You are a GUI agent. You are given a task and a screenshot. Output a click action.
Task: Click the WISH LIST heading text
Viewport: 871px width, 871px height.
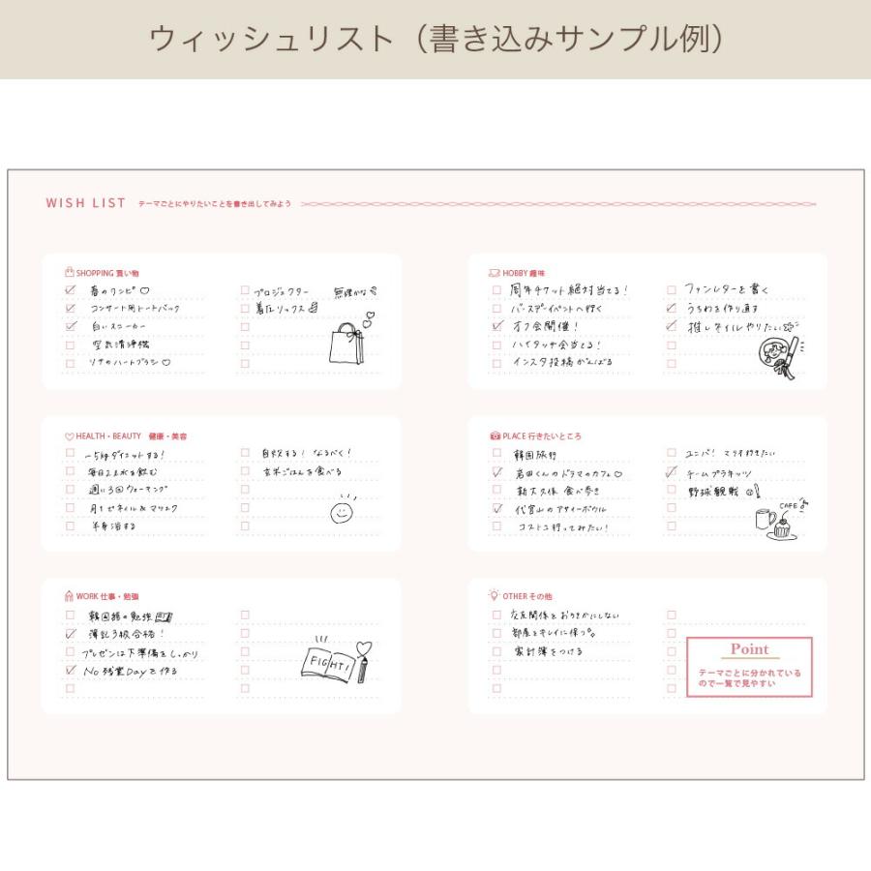point(85,203)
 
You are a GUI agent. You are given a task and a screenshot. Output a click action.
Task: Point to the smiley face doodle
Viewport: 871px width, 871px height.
point(342,511)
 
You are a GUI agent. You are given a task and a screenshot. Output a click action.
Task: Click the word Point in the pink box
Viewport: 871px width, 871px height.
point(749,649)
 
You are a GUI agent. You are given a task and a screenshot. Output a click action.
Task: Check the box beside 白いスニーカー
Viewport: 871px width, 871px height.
point(70,326)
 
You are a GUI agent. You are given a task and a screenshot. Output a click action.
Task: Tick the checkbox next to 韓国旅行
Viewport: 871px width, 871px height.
point(496,453)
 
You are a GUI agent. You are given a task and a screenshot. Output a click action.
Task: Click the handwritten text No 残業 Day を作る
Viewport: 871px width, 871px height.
point(130,671)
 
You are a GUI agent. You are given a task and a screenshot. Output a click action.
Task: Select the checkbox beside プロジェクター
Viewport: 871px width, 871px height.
point(245,290)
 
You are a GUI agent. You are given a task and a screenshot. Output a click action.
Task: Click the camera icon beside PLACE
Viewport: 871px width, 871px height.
point(495,436)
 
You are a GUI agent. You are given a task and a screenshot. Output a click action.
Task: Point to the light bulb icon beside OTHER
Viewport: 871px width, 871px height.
point(494,596)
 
